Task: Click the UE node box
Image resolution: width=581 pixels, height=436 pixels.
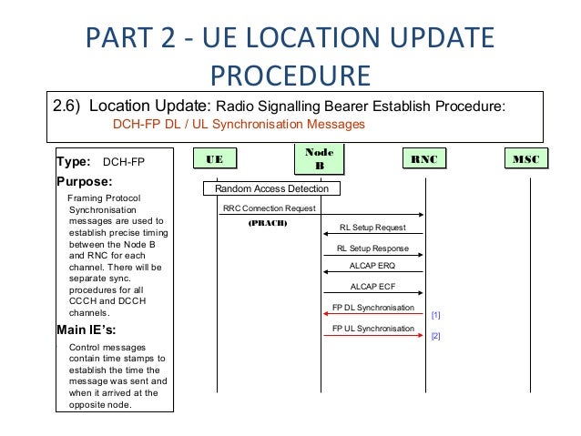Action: click(216, 160)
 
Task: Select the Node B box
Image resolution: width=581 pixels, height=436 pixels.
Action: click(321, 159)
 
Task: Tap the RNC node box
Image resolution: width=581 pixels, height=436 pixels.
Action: click(424, 160)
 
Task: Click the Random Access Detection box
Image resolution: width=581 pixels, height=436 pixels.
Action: click(271, 189)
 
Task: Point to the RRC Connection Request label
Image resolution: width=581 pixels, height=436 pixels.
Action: click(269, 208)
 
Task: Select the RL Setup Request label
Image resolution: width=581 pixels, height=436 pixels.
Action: click(373, 228)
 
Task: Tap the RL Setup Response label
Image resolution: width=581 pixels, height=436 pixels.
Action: click(372, 247)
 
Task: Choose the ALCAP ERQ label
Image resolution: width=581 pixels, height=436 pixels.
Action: click(373, 267)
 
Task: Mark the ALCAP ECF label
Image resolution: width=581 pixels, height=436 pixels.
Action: click(373, 287)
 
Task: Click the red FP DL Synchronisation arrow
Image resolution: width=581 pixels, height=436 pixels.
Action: click(373, 315)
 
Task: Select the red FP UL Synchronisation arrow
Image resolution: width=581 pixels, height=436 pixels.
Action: click(373, 334)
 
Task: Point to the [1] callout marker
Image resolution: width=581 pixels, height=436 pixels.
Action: click(435, 315)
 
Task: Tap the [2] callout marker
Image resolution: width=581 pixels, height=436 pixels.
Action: click(435, 336)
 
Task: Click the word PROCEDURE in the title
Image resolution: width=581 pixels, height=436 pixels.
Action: click(290, 74)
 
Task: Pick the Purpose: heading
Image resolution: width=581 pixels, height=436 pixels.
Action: click(84, 181)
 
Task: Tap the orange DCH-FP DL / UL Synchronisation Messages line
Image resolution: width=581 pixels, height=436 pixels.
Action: click(238, 124)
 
